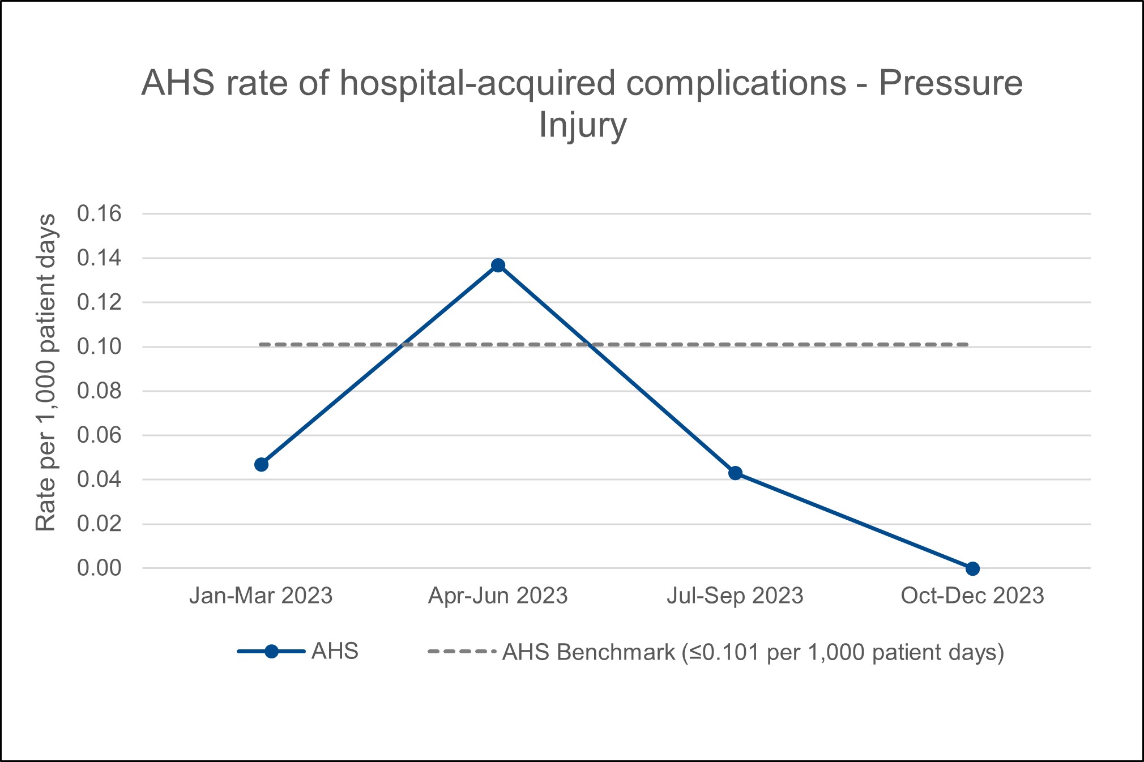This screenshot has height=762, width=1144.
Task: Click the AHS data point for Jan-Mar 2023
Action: point(261,464)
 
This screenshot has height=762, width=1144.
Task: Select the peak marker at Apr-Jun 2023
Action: point(498,265)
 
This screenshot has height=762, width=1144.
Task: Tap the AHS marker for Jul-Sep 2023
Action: point(735,473)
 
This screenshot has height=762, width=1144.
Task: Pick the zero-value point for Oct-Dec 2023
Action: point(972,568)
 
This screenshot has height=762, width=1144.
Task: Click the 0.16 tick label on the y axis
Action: point(99,214)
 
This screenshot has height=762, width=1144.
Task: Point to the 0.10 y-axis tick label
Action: point(99,346)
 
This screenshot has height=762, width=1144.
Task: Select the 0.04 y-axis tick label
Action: point(99,480)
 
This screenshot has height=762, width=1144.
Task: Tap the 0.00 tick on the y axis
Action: point(99,568)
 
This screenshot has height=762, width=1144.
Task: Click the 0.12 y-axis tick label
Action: point(99,302)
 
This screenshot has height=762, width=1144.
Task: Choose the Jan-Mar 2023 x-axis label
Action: point(261,596)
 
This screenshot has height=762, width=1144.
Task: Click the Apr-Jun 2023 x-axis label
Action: point(498,596)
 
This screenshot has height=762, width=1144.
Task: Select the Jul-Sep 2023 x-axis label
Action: point(735,596)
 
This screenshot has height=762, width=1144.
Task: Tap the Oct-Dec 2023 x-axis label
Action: point(972,596)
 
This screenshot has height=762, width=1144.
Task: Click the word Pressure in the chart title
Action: point(950,83)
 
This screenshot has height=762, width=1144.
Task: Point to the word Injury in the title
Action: point(582,125)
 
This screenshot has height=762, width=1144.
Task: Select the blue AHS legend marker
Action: point(271,652)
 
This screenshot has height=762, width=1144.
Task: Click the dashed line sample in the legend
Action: point(462,652)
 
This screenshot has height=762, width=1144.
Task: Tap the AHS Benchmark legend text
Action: point(753,653)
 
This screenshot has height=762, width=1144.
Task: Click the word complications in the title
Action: point(736,83)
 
